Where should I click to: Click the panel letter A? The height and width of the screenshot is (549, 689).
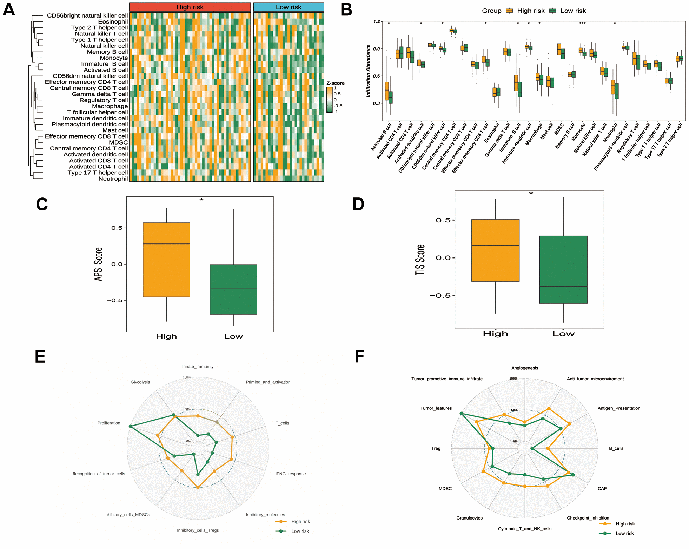pyautogui.click(x=9, y=9)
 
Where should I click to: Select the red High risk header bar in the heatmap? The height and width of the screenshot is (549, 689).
pyautogui.click(x=190, y=7)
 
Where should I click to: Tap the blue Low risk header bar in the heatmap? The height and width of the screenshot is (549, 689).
pyautogui.click(x=288, y=7)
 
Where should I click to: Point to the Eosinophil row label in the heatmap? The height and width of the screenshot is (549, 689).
pyautogui.click(x=113, y=22)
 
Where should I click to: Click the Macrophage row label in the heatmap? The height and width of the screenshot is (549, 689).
pyautogui.click(x=110, y=106)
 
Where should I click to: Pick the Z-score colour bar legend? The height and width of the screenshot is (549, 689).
pyautogui.click(x=329, y=100)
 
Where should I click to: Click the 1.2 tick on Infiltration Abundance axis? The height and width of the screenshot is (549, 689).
pyautogui.click(x=376, y=22)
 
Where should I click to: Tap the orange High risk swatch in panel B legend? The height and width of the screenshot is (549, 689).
pyautogui.click(x=509, y=11)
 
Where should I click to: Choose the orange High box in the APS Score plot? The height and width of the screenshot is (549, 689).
pyautogui.click(x=166, y=260)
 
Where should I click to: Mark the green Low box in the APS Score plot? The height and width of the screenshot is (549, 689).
pyautogui.click(x=233, y=289)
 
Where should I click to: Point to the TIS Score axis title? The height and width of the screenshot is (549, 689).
pyautogui.click(x=420, y=260)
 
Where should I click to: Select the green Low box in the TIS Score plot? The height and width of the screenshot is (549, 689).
pyautogui.click(x=563, y=269)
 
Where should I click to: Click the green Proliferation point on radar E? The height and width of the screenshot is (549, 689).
pyautogui.click(x=130, y=426)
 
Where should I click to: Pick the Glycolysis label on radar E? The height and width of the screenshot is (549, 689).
pyautogui.click(x=140, y=382)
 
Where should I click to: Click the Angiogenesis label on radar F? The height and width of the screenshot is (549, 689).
pyautogui.click(x=524, y=368)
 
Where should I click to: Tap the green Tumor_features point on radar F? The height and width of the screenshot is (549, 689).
pyautogui.click(x=461, y=414)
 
